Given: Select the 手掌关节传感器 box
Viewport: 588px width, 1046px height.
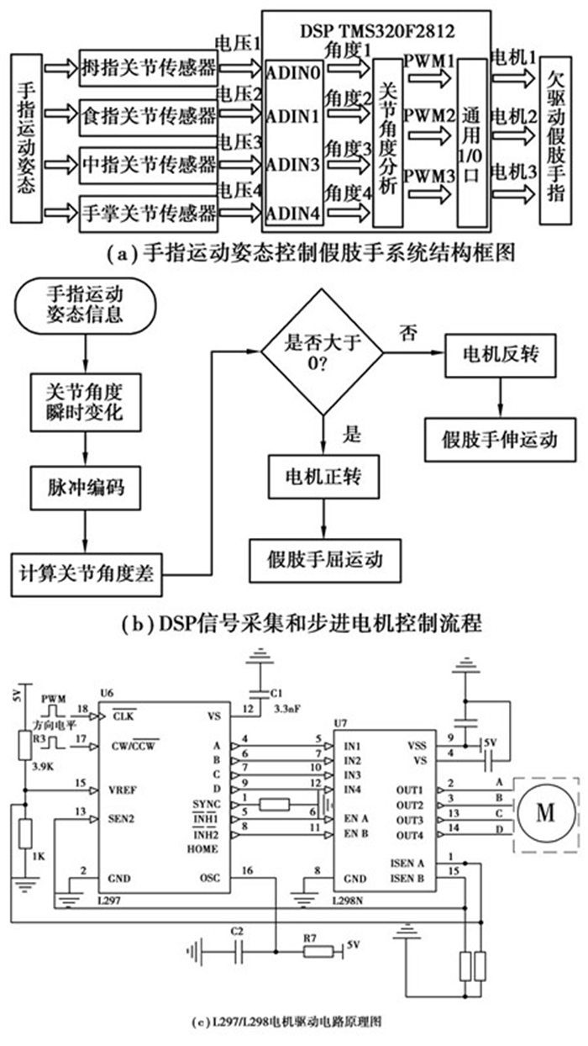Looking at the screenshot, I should tap(149, 209).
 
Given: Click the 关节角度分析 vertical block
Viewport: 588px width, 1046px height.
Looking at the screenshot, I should tap(386, 141).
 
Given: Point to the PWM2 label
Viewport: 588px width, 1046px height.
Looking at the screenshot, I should tap(427, 114).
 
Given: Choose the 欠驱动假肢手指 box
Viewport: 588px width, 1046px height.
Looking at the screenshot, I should tap(558, 141).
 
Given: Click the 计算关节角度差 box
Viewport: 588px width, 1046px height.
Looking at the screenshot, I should tap(87, 576).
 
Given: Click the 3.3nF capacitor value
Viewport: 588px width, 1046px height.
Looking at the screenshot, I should tap(285, 710).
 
